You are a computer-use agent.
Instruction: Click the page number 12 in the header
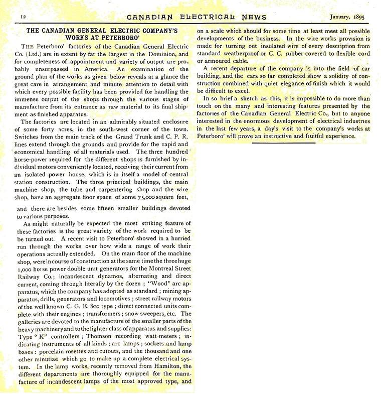click(x=23, y=17)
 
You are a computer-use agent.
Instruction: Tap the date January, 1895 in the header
click(x=347, y=16)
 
